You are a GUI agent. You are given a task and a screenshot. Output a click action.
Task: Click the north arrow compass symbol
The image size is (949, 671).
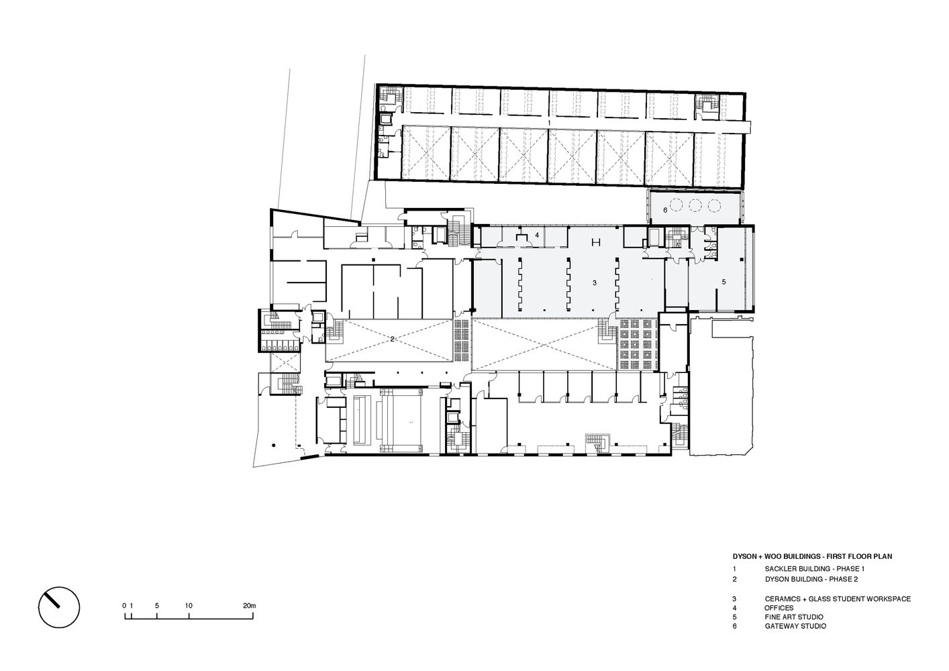(59, 609)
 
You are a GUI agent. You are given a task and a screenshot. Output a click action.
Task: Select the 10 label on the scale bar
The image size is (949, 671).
(189, 606)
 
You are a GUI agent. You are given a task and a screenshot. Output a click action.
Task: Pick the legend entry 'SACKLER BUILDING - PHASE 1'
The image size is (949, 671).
(809, 568)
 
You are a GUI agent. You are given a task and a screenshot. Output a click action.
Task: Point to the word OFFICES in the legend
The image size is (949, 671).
(779, 608)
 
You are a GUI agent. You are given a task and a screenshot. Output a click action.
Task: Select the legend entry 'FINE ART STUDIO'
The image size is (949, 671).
(793, 617)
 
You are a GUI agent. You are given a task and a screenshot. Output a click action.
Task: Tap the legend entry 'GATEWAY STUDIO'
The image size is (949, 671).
(795, 626)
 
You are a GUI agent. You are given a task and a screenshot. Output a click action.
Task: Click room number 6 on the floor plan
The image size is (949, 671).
(664, 210)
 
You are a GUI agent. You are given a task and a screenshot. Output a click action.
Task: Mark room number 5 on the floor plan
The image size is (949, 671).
(723, 282)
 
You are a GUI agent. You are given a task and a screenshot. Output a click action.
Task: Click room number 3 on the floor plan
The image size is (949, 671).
(594, 283)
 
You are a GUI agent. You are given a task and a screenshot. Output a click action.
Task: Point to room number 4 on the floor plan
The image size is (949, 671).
(538, 235)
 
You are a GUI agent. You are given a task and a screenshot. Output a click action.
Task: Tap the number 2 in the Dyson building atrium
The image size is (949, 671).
(392, 340)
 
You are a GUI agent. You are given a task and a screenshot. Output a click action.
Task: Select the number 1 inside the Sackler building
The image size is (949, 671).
(549, 123)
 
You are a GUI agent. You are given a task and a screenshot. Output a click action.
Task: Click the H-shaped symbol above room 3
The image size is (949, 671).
(595, 242)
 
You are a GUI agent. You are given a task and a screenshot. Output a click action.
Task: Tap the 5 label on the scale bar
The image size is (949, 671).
(156, 606)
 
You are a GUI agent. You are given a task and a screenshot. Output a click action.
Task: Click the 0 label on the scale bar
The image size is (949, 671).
(124, 606)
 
